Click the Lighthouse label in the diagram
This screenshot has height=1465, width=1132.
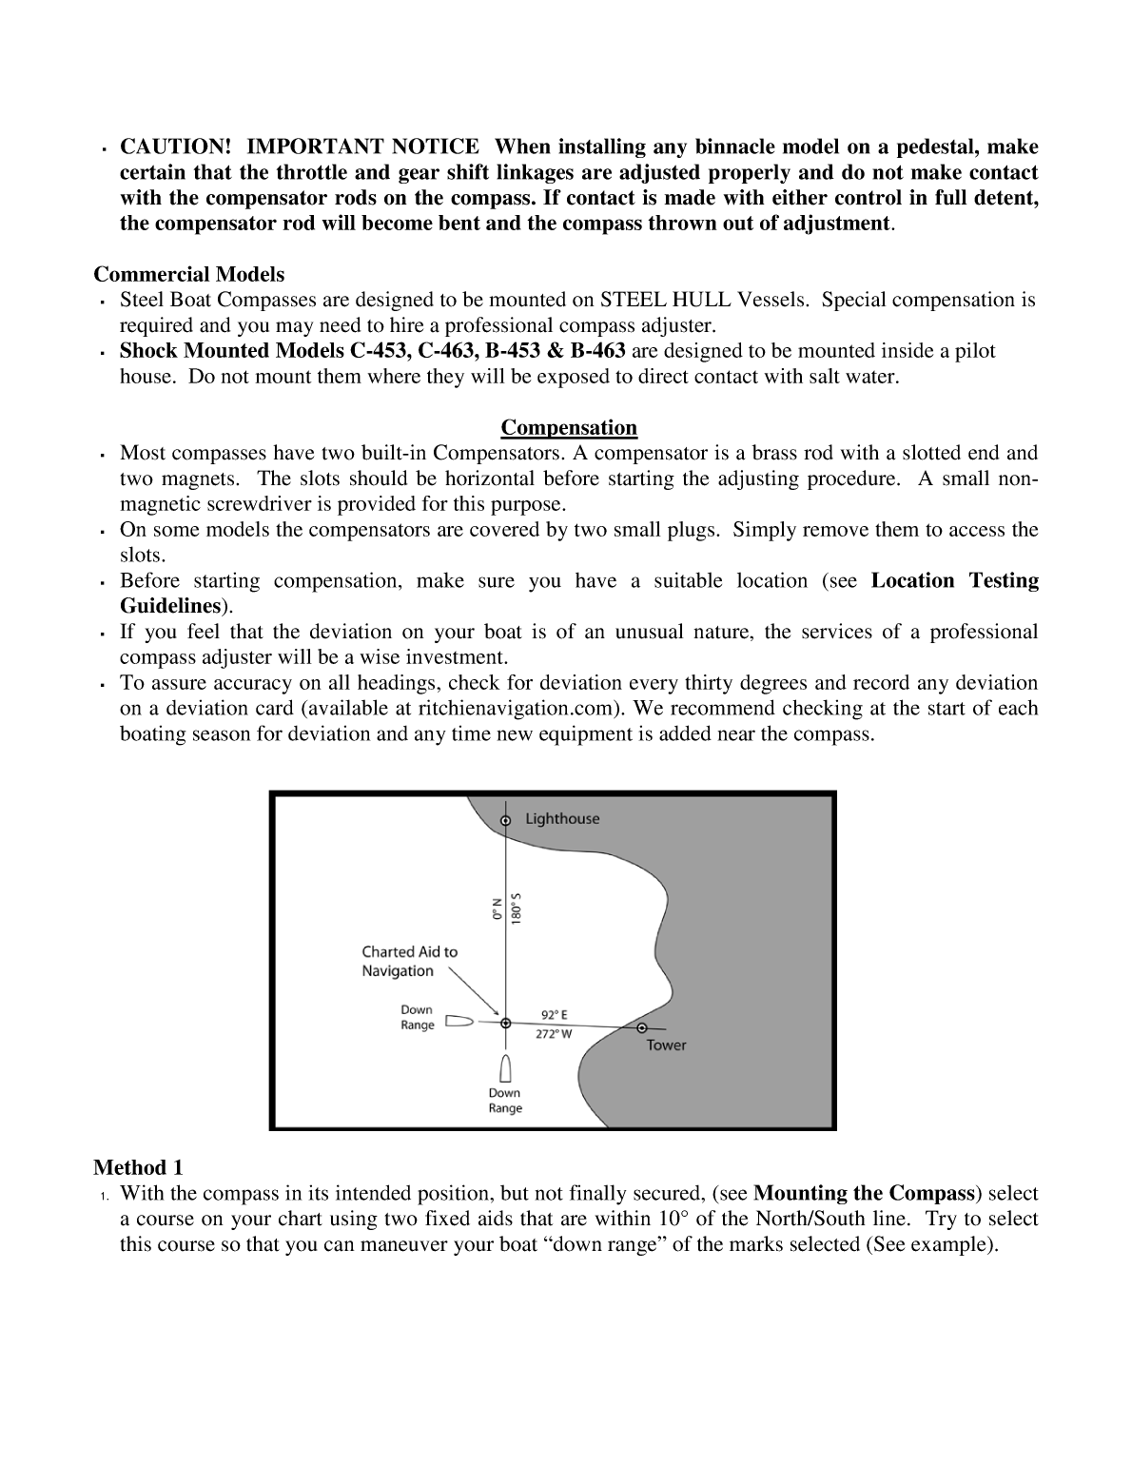[562, 819]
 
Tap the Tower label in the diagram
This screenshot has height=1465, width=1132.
[666, 1045]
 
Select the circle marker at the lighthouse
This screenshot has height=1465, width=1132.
[505, 820]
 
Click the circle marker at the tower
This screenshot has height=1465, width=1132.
[642, 1027]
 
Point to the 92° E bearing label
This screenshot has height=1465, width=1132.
[554, 1015]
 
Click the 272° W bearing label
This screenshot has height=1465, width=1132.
[554, 1034]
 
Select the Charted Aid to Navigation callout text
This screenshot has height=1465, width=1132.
[409, 961]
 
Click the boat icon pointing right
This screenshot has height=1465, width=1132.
[459, 1023]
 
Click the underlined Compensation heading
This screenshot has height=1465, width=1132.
[569, 427]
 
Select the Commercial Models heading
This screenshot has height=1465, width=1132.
[188, 275]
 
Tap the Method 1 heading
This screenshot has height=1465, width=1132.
[138, 1167]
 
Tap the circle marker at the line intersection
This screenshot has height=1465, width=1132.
[505, 1024]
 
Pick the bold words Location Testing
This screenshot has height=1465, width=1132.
[954, 581]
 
